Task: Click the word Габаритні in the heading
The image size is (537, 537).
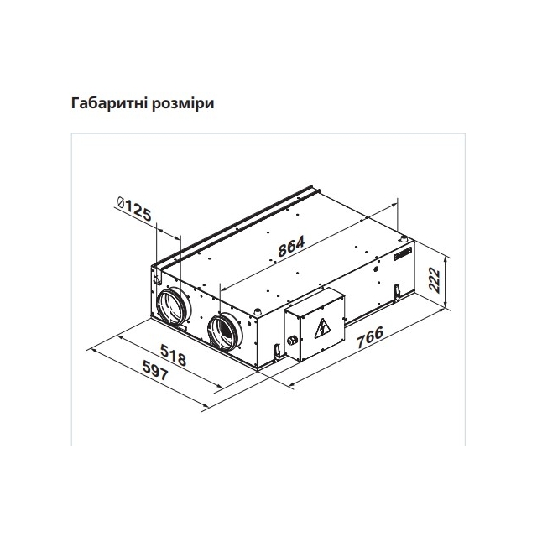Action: [108, 103]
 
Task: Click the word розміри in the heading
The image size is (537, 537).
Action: [183, 104]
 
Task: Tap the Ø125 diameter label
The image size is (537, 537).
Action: [133, 209]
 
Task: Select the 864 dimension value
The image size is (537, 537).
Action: [291, 246]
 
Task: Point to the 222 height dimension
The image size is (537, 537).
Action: [435, 280]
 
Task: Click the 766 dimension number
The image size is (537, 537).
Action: [370, 337]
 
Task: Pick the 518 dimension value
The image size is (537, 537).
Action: [174, 355]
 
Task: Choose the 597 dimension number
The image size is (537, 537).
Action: [155, 370]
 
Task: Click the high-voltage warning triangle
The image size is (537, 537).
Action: [322, 328]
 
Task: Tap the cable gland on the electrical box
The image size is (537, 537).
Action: [292, 341]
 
